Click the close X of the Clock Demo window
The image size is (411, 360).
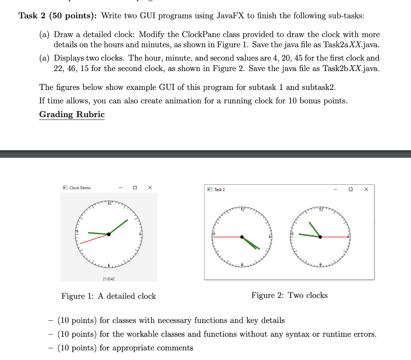(x=150, y=187)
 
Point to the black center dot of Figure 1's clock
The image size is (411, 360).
(x=109, y=234)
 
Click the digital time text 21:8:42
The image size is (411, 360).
(x=109, y=279)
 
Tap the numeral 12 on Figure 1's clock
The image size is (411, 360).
(x=109, y=203)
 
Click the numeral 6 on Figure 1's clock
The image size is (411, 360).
(x=108, y=265)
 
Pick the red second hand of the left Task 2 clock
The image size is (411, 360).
(x=227, y=237)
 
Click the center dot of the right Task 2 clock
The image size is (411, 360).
(x=320, y=237)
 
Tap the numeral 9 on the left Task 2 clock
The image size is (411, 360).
(x=214, y=234)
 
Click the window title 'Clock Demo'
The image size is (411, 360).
(x=80, y=188)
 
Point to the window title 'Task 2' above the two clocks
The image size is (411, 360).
(x=220, y=189)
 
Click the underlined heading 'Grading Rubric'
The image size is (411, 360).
(x=72, y=114)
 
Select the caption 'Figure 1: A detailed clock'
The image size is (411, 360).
(x=108, y=296)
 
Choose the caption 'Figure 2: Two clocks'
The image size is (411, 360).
(x=289, y=295)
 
